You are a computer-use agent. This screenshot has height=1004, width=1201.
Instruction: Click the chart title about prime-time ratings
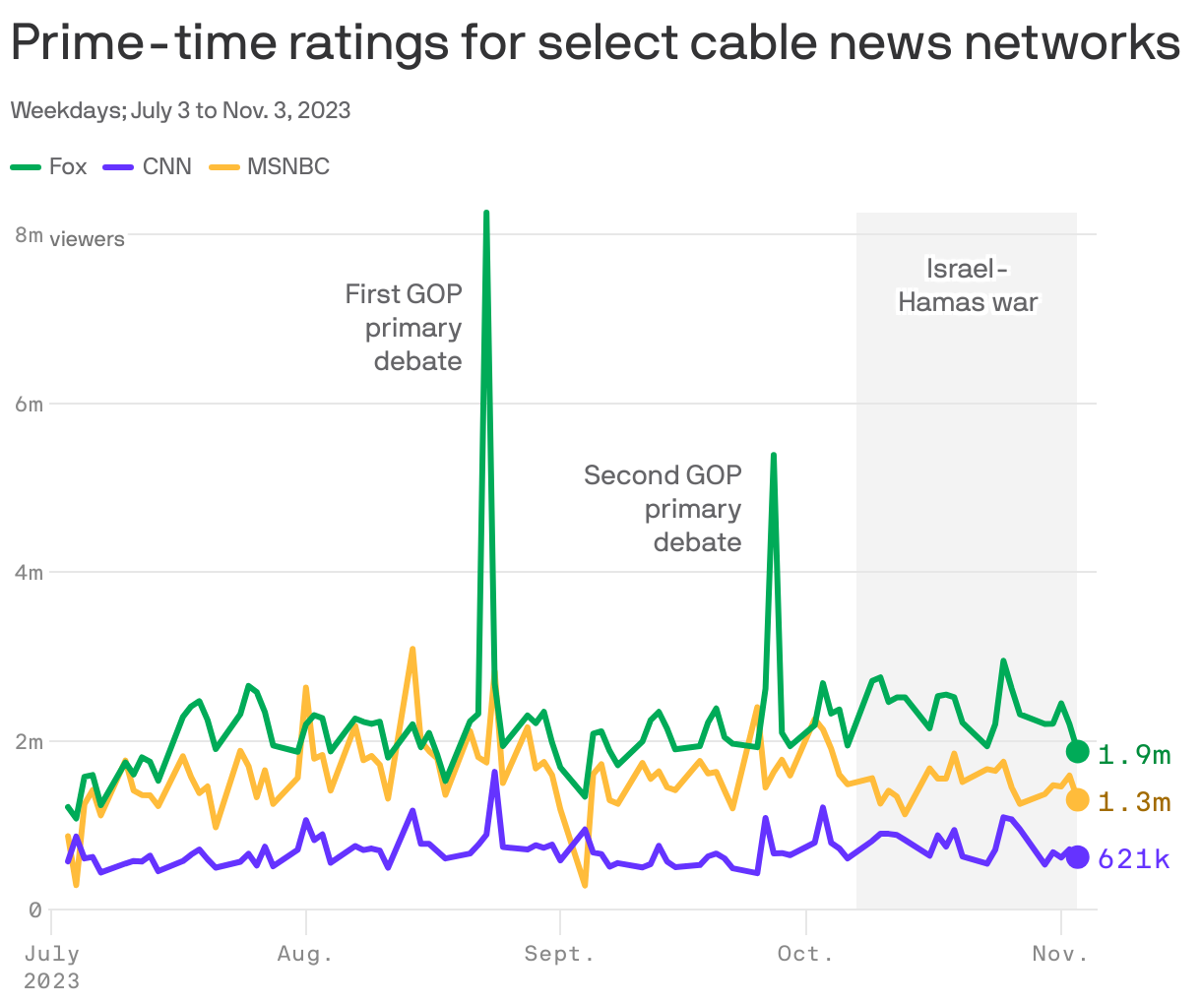click(595, 43)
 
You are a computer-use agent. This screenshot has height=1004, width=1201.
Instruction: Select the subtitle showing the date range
click(180, 110)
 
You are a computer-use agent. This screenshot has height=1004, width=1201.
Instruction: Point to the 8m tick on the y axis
click(29, 235)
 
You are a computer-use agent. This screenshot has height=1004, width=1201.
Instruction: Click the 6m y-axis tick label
click(29, 405)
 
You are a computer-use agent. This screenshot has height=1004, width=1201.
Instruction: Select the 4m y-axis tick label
click(29, 573)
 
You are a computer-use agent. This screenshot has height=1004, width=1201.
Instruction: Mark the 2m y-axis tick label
click(29, 742)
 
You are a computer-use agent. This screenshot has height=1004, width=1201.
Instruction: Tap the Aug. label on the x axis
click(305, 953)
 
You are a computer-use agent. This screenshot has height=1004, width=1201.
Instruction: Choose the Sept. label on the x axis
click(559, 953)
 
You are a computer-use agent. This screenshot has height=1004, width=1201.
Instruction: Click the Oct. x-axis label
click(805, 953)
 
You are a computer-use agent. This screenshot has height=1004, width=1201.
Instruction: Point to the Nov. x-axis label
click(1060, 953)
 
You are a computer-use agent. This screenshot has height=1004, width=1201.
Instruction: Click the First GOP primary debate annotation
click(405, 328)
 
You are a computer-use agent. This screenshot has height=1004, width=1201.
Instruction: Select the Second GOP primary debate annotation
click(664, 509)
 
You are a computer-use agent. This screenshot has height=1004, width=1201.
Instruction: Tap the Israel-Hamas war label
click(968, 285)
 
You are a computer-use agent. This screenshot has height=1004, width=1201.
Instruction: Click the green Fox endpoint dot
click(1078, 752)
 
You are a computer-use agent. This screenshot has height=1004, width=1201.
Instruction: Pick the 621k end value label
click(1134, 859)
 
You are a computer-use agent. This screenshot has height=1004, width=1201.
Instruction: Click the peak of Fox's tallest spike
click(486, 214)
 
